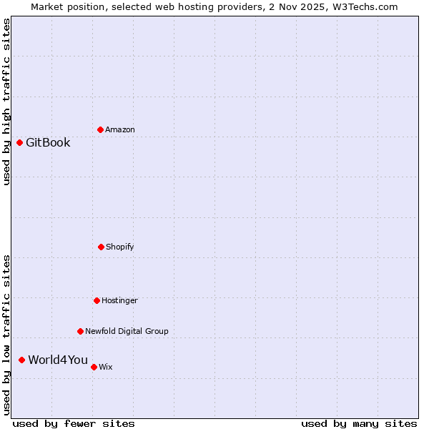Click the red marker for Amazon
(x=100, y=129)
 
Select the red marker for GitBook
(x=19, y=142)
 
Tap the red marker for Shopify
(x=101, y=247)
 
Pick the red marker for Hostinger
(x=97, y=300)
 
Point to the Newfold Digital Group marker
(x=80, y=331)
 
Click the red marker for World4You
(x=21, y=360)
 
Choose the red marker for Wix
(x=94, y=367)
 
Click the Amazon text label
(x=120, y=129)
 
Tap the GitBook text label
(x=48, y=142)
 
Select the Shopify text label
(x=120, y=247)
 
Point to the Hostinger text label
(x=119, y=300)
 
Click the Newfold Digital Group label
(x=127, y=331)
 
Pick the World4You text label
(x=58, y=360)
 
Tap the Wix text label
(x=106, y=367)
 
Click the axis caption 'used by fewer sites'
(x=74, y=423)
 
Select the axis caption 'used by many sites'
(x=359, y=423)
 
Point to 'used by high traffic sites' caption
(x=6, y=102)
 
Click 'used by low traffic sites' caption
(x=6, y=335)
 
